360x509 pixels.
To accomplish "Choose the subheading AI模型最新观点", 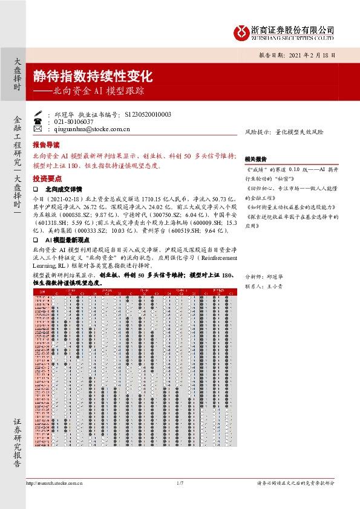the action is coord(71,240).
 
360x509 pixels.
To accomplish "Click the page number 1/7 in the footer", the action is coord(180,482).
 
